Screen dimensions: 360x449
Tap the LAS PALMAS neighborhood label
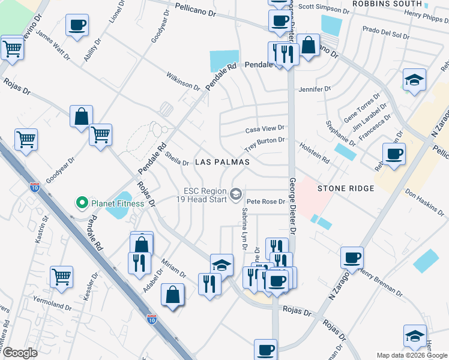point(221,163)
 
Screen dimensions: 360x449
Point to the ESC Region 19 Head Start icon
point(236,193)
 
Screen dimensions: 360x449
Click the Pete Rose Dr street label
point(265,202)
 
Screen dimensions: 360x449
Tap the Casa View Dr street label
point(265,129)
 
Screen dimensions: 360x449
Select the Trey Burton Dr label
point(264,144)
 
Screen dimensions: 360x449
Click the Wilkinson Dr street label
point(183,82)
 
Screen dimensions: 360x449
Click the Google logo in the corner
point(20,353)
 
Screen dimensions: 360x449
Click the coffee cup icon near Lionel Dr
point(77,26)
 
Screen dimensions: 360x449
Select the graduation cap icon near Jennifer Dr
point(414,79)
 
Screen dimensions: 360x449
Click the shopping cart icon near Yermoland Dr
point(62,276)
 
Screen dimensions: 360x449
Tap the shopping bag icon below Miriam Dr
point(173,294)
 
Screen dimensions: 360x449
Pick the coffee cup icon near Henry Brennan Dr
point(352,257)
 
